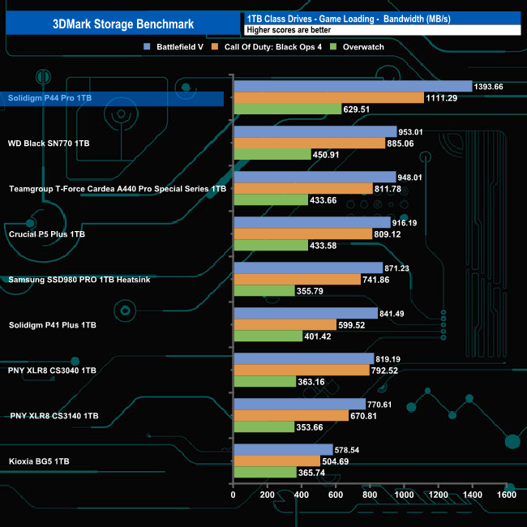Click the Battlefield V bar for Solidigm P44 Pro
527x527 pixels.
[x=353, y=87]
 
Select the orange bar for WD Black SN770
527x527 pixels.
[x=309, y=144]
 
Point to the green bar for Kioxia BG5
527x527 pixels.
[x=264, y=473]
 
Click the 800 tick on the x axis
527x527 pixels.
[x=371, y=495]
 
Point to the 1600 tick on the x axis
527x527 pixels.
[x=507, y=495]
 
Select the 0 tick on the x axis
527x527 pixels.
[x=234, y=495]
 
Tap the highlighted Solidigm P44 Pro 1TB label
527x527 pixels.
[x=50, y=98]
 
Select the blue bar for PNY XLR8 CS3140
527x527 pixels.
[x=299, y=405]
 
